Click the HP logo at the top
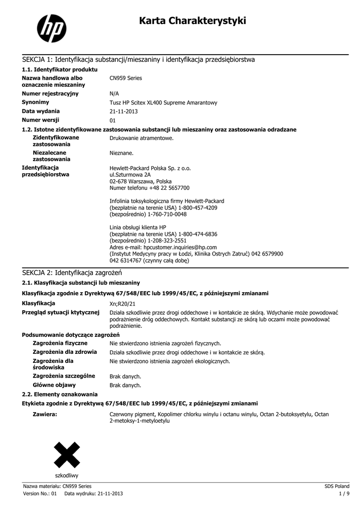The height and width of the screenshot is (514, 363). (52, 28)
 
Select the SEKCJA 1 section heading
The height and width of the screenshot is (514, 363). (138, 60)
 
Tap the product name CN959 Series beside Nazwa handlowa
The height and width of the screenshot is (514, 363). (126, 78)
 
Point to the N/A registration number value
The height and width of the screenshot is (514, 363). (114, 94)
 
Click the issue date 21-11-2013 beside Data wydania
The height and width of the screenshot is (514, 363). (123, 111)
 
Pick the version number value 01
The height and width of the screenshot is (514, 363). (113, 120)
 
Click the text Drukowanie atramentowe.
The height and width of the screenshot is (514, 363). (141, 138)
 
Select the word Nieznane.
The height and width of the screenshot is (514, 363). (121, 153)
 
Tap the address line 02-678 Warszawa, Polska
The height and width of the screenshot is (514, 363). (140, 181)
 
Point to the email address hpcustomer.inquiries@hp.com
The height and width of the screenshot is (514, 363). (180, 247)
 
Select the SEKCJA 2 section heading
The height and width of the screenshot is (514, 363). (72, 273)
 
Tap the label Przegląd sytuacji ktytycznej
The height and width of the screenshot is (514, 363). (61, 312)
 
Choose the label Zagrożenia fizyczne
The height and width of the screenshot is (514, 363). (60, 343)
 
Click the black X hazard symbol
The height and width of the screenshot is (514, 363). (67, 454)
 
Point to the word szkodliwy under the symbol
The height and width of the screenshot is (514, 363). (67, 475)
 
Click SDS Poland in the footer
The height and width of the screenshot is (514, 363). (337, 486)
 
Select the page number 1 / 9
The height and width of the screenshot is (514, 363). (344, 493)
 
